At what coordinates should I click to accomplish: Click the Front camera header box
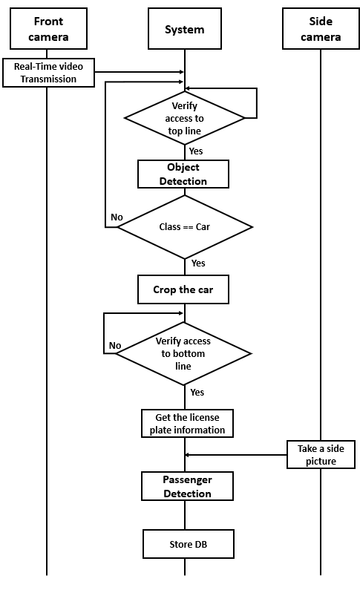click(47, 30)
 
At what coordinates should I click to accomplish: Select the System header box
click(184, 30)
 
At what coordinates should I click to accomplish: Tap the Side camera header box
click(321, 30)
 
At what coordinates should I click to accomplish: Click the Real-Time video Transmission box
click(48, 73)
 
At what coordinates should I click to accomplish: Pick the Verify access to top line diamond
click(184, 118)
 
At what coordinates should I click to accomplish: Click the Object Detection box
click(183, 174)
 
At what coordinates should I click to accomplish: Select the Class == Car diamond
click(185, 227)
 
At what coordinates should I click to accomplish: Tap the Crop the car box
click(183, 289)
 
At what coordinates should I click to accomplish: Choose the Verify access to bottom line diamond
click(183, 353)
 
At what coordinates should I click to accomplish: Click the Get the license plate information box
click(187, 424)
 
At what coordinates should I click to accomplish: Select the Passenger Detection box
click(187, 487)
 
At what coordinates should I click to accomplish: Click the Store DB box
click(188, 543)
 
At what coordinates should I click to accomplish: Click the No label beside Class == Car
click(117, 217)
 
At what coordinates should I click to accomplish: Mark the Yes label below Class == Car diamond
click(198, 263)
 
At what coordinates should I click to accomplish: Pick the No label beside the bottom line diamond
click(115, 345)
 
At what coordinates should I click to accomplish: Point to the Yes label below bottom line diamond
click(197, 393)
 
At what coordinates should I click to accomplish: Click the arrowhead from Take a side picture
click(188, 455)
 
